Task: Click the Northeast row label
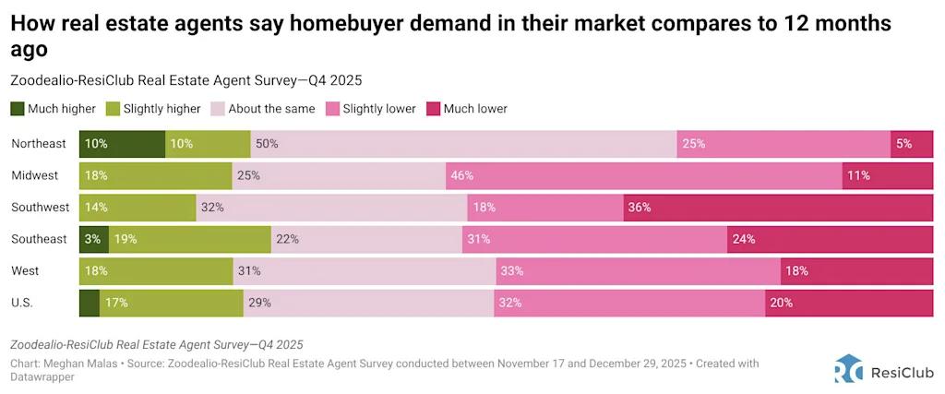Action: (x=39, y=144)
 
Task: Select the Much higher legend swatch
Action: (x=18, y=109)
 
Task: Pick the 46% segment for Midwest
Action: (x=643, y=175)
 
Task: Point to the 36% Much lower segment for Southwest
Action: (x=778, y=208)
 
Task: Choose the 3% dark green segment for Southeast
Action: (x=94, y=239)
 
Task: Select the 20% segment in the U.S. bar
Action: (x=848, y=303)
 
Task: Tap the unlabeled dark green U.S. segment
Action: (x=90, y=303)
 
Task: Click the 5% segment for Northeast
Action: (x=911, y=144)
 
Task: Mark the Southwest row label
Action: (x=39, y=208)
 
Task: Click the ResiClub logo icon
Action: (x=848, y=368)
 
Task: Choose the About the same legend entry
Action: (x=265, y=109)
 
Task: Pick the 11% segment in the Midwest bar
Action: (x=887, y=175)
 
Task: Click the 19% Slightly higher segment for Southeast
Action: (x=190, y=239)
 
